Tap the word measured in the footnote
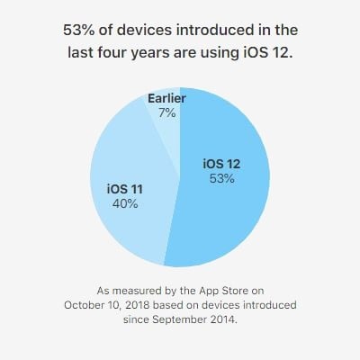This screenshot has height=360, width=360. click(x=130, y=291)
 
